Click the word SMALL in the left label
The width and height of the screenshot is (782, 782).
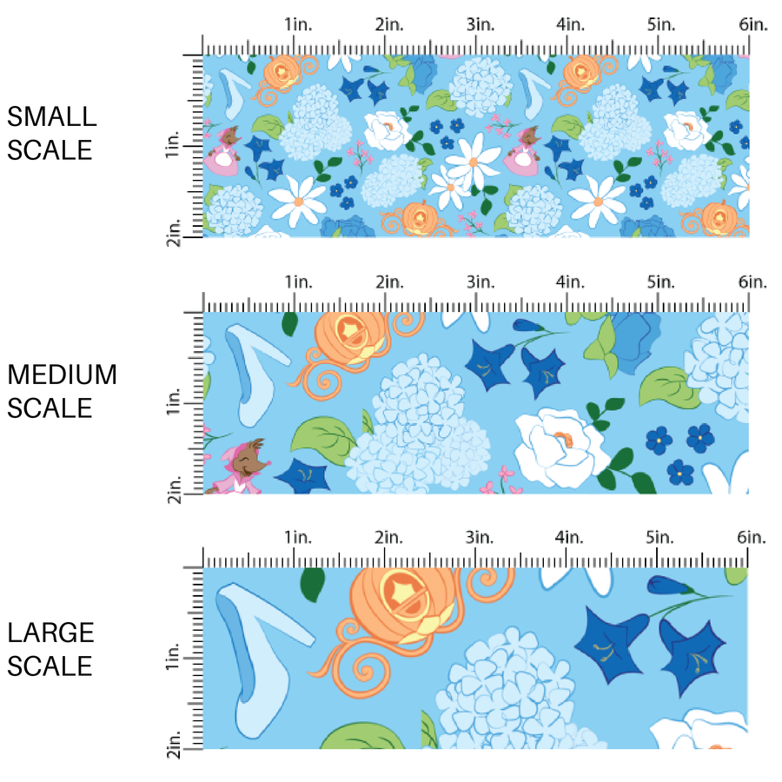(x=52, y=116)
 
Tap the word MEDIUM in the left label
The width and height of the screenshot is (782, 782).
(x=62, y=374)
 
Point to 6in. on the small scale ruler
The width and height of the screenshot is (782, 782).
(x=753, y=25)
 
